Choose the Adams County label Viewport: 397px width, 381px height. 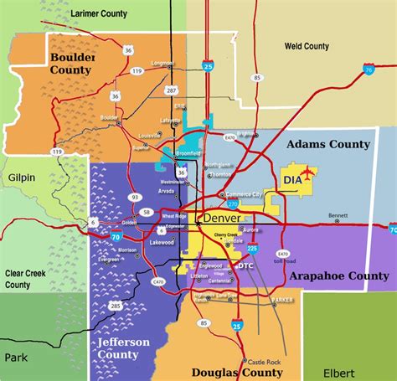(327, 144)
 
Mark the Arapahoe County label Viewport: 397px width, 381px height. (338, 275)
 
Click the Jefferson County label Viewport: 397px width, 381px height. (123, 348)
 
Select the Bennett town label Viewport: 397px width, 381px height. (338, 214)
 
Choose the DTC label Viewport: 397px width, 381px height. (245, 265)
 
